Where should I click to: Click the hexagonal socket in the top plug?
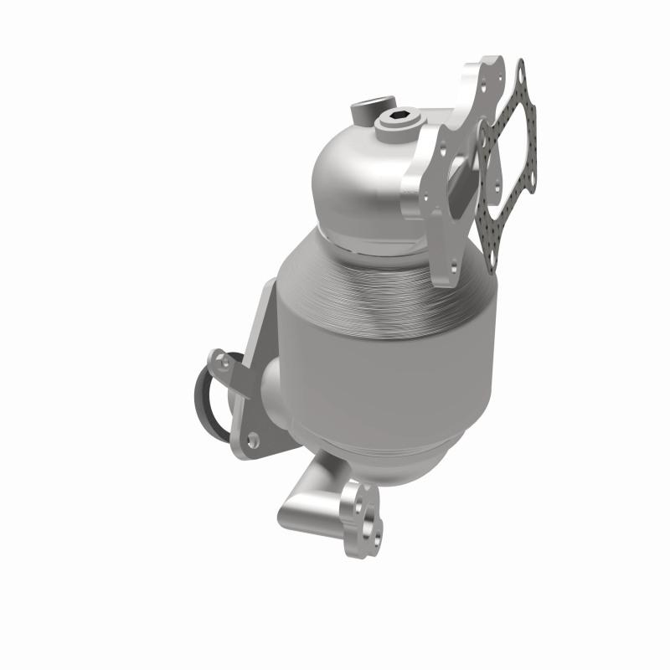[x=398, y=118]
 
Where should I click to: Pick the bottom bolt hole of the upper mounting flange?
[x=453, y=266]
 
